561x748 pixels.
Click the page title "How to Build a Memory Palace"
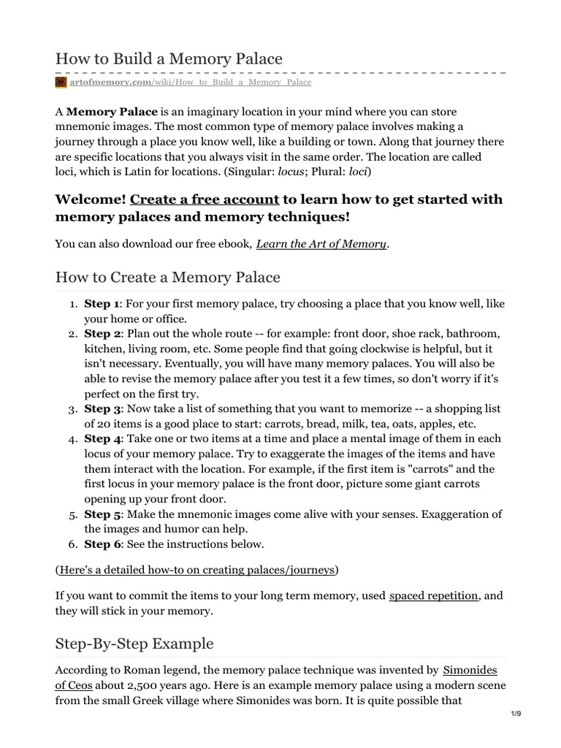click(x=168, y=58)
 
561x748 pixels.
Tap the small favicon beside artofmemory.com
click(x=61, y=83)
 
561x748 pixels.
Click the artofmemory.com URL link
click(x=191, y=83)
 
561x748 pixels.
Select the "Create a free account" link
click(x=205, y=199)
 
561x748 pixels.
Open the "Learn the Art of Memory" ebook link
click(x=321, y=244)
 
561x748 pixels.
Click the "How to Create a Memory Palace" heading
click(x=167, y=278)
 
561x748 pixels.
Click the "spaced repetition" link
click(x=434, y=596)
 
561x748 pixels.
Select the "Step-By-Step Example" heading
click(x=134, y=644)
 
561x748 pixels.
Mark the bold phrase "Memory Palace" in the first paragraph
click(x=112, y=112)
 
